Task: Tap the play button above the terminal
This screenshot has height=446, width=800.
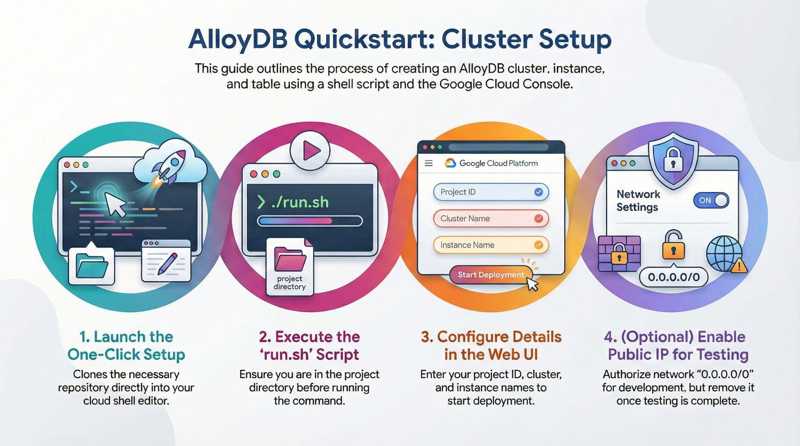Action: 310,150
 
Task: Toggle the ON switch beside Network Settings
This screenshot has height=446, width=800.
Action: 711,201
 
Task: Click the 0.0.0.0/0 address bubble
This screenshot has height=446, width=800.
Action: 673,277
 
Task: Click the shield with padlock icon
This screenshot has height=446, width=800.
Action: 673,160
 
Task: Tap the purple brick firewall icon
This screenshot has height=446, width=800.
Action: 619,254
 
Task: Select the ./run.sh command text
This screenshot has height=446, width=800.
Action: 300,202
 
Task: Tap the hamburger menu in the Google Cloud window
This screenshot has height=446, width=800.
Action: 429,163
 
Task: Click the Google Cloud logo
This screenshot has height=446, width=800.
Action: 450,163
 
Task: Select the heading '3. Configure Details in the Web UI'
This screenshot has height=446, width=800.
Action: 491,345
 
